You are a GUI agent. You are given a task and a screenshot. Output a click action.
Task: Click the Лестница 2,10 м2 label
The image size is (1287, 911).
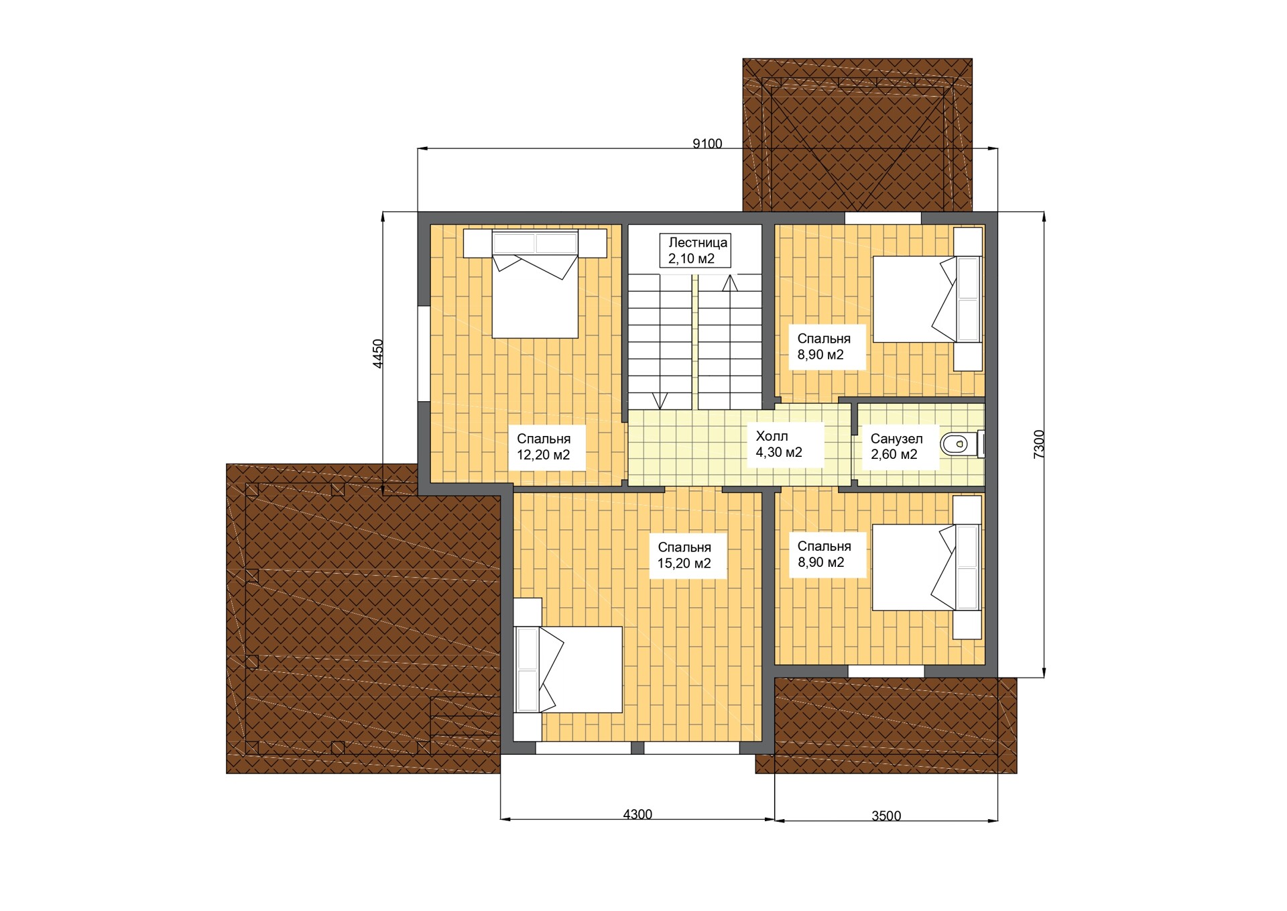coord(695,250)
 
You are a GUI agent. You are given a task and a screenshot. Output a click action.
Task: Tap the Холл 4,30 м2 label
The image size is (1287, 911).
coord(779,444)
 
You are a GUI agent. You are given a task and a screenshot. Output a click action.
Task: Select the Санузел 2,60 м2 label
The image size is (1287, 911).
coord(896,446)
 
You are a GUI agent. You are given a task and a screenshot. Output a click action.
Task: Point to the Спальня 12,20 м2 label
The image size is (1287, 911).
coord(544,447)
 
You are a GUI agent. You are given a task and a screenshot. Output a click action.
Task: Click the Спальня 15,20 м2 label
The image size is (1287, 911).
coord(684,555)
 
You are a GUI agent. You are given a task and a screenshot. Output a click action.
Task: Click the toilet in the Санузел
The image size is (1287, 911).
coord(961,443)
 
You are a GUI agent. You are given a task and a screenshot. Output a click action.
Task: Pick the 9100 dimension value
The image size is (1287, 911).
coord(707,144)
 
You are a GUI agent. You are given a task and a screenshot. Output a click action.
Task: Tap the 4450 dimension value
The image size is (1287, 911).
coord(378,354)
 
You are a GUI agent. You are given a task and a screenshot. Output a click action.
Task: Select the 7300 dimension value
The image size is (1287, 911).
coord(1038,444)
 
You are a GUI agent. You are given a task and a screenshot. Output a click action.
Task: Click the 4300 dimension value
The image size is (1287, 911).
coord(637,814)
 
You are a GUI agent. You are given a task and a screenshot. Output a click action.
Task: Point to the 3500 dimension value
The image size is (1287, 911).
coord(886,816)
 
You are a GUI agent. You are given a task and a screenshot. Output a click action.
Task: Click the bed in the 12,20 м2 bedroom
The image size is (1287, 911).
coord(535,284)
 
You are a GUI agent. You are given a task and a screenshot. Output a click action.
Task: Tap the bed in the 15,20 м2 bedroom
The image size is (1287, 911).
coord(568,669)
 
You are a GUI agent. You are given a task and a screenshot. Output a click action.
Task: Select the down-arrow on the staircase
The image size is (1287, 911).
coord(660,400)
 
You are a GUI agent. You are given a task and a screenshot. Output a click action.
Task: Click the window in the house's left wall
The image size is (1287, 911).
coord(424,354)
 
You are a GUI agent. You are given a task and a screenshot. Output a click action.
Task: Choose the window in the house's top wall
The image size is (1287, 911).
coord(883,218)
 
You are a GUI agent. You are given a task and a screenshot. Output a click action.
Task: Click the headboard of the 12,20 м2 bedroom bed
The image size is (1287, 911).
coord(535,243)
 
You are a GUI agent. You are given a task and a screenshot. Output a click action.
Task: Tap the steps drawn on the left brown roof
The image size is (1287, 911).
coord(465,725)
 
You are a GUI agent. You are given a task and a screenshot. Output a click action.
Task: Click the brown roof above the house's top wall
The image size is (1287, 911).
coord(857,135)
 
